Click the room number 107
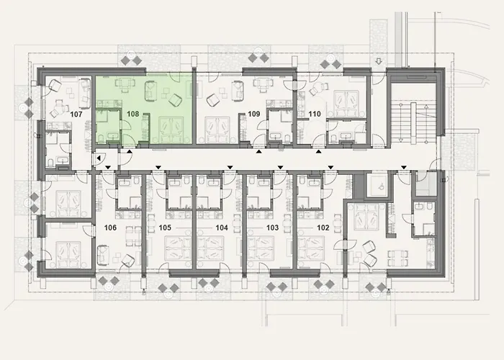(x=77, y=114)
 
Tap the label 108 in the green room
(x=133, y=114)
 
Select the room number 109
(x=253, y=114)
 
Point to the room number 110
(x=314, y=114)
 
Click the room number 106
(x=110, y=228)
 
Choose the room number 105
(x=166, y=228)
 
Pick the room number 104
(x=222, y=228)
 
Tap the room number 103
(x=272, y=228)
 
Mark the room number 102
(x=323, y=228)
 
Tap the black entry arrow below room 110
(x=318, y=153)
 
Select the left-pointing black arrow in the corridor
(x=98, y=158)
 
